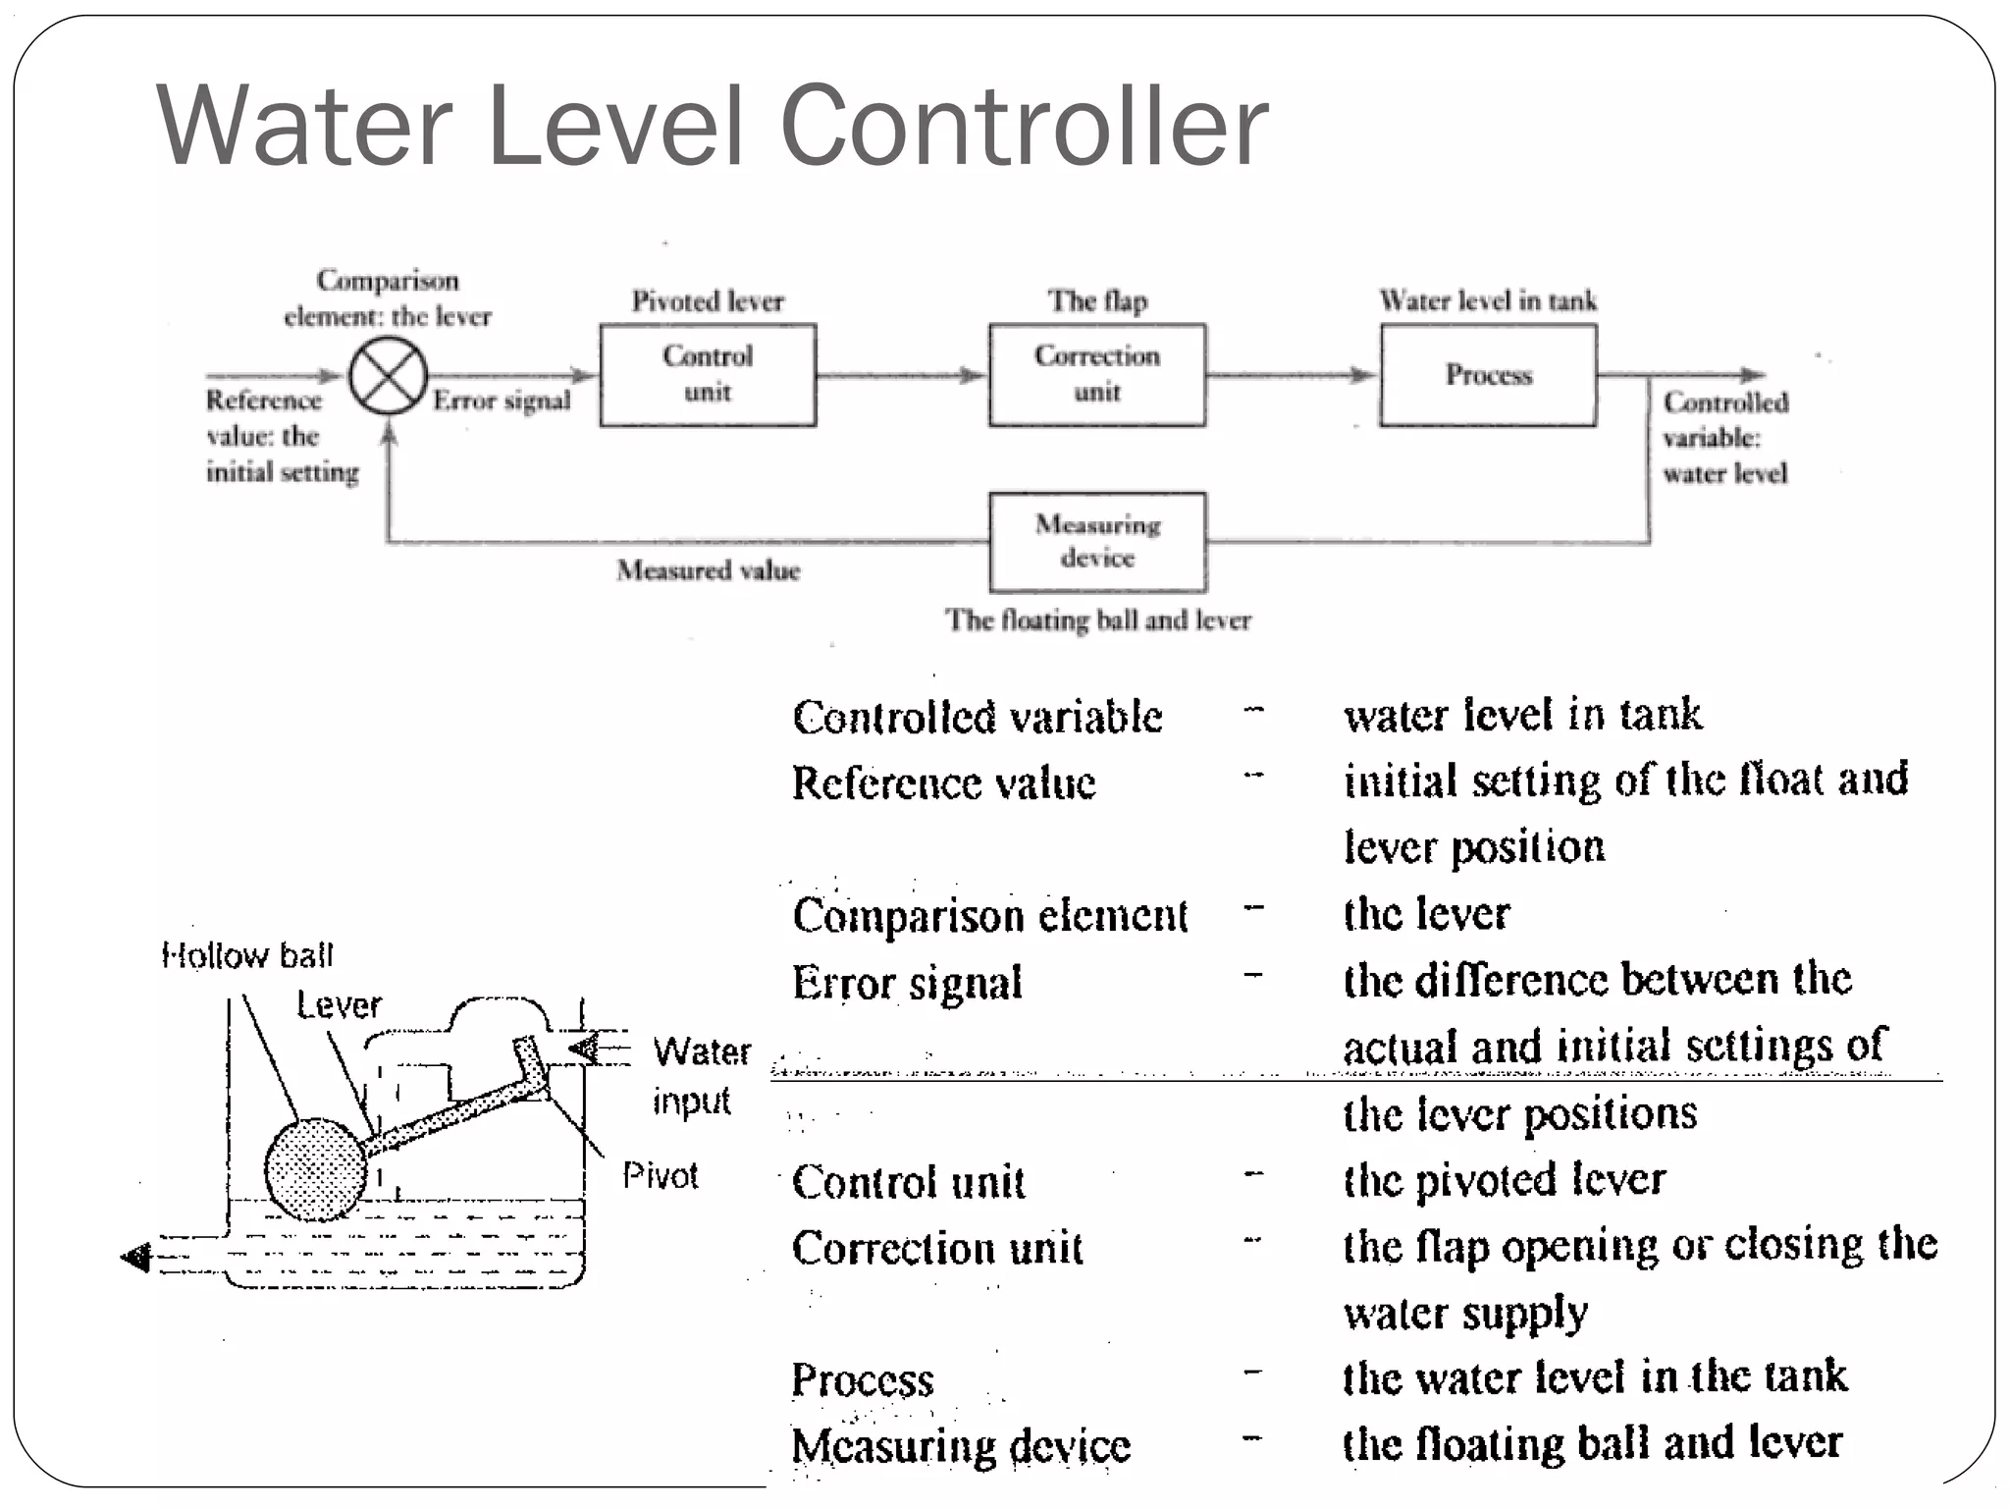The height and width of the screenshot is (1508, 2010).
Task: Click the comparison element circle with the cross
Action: point(389,376)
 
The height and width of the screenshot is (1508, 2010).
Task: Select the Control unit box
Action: point(708,375)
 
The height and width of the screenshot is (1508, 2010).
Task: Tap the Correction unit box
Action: point(1097,375)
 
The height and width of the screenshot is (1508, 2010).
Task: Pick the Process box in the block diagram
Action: point(1488,375)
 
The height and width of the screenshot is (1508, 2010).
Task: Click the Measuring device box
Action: point(1097,542)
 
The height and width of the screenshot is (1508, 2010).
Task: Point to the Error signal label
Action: point(502,401)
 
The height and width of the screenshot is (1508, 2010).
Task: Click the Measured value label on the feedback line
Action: point(708,570)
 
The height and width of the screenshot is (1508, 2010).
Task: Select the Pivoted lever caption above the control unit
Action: point(708,301)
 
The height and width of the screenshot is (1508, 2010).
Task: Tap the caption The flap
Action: point(1097,301)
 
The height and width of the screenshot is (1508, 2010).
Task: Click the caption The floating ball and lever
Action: point(1097,620)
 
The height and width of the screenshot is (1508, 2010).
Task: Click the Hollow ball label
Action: point(247,955)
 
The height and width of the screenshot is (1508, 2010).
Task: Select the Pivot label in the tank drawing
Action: point(660,1175)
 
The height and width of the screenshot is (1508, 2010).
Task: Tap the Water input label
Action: point(700,1076)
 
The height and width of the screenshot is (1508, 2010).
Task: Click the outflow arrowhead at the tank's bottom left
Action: point(136,1257)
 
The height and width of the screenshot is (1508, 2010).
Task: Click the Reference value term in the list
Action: point(943,783)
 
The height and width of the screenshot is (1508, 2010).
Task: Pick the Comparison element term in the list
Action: point(989,916)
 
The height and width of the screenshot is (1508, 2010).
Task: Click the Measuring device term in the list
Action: point(961,1446)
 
